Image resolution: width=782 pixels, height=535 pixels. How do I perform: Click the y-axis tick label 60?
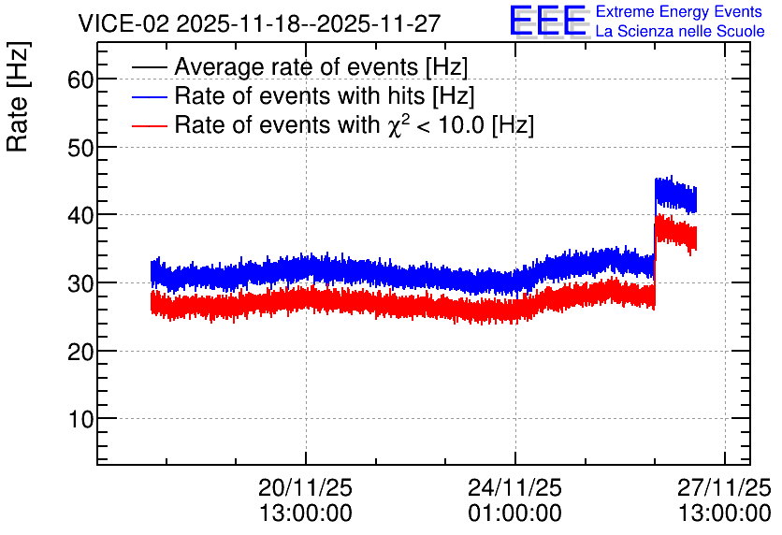click(x=80, y=80)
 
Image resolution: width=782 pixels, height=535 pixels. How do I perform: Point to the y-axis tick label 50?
click(x=80, y=148)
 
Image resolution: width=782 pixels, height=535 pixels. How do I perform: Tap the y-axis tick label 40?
click(x=80, y=215)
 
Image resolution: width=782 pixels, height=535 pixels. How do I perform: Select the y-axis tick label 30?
click(x=80, y=283)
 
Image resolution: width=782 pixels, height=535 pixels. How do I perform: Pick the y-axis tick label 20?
click(x=80, y=352)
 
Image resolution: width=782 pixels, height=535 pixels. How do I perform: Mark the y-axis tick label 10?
click(x=80, y=420)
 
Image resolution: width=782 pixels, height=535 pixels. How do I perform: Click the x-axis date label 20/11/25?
click(x=305, y=487)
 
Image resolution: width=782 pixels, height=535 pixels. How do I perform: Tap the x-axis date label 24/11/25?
click(x=514, y=487)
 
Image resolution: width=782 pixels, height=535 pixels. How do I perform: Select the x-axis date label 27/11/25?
click(x=724, y=487)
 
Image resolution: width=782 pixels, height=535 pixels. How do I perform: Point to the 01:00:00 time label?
click(x=514, y=513)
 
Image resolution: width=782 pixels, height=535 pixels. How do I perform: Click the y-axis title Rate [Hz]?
click(x=18, y=96)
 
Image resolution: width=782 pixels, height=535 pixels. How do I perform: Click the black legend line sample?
click(x=149, y=67)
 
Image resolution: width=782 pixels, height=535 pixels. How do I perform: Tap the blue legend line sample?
click(x=149, y=96)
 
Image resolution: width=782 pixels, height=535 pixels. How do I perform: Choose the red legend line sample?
click(x=149, y=125)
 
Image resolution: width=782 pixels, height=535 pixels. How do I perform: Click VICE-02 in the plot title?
click(x=124, y=23)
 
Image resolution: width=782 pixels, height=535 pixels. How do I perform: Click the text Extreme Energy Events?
click(x=679, y=11)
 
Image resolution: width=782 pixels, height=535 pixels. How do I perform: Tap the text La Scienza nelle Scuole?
click(x=680, y=31)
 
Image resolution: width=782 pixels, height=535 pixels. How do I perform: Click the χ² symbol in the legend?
click(x=396, y=124)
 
